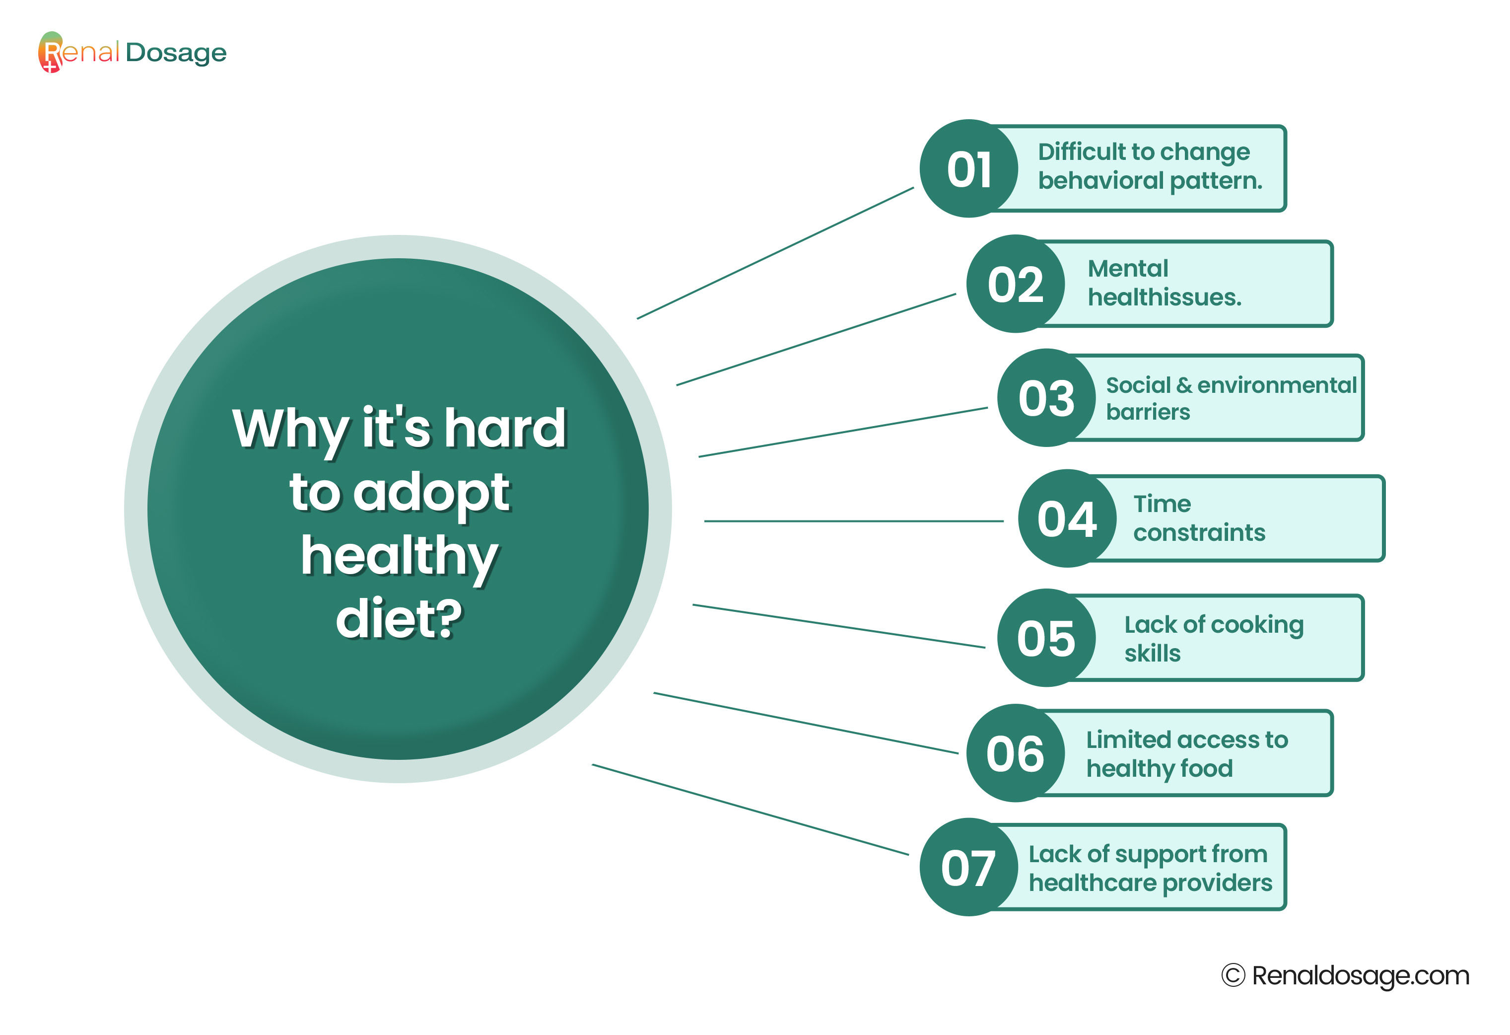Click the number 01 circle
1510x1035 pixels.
tap(969, 168)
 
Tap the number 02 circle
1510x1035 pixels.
tap(1016, 284)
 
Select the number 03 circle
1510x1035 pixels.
tap(1047, 398)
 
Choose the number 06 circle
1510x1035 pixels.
tap(1016, 753)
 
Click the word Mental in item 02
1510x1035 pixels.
tap(1128, 269)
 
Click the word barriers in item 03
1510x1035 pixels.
tap(1148, 412)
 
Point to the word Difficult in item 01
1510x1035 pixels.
tap(1080, 151)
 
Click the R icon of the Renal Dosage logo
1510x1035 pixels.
tap(51, 52)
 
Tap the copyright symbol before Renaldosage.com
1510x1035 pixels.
tap(1233, 975)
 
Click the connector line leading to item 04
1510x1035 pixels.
tap(854, 521)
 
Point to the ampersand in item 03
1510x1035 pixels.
tap(1184, 385)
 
